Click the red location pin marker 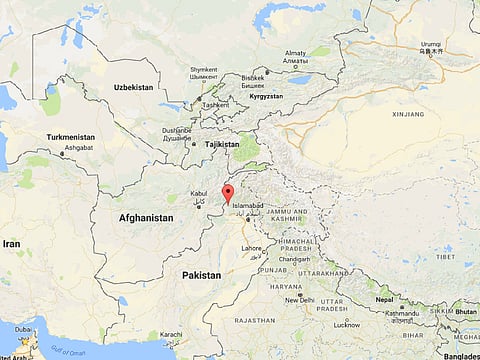(x=228, y=193)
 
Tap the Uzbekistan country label (x=133, y=88)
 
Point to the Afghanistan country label (x=145, y=217)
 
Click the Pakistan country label (x=201, y=273)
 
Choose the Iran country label (x=11, y=243)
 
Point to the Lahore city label (x=251, y=247)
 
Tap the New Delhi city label (x=299, y=299)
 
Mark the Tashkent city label (x=215, y=105)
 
